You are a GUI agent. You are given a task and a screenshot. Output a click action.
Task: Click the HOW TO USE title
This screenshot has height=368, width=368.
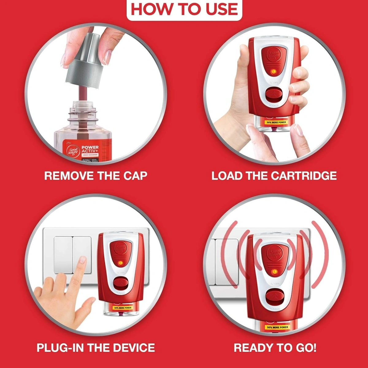pyautogui.click(x=184, y=9)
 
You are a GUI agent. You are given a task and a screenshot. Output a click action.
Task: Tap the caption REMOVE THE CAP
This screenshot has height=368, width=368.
pyautogui.click(x=96, y=176)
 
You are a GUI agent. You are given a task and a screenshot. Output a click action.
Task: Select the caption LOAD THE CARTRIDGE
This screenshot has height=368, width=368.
pyautogui.click(x=274, y=176)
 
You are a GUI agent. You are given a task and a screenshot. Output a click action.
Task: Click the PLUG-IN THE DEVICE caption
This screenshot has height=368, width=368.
pyautogui.click(x=96, y=348)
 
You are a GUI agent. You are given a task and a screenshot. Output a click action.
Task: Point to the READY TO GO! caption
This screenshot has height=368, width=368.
pyautogui.click(x=275, y=348)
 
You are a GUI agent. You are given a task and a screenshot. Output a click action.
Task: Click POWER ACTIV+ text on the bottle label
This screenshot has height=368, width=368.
pyautogui.click(x=90, y=149)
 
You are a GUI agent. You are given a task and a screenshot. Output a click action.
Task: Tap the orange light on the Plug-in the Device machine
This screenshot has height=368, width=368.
pyautogui.click(x=121, y=263)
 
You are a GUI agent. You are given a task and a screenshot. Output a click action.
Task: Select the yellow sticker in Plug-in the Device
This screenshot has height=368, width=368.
pyautogui.click(x=123, y=308)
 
